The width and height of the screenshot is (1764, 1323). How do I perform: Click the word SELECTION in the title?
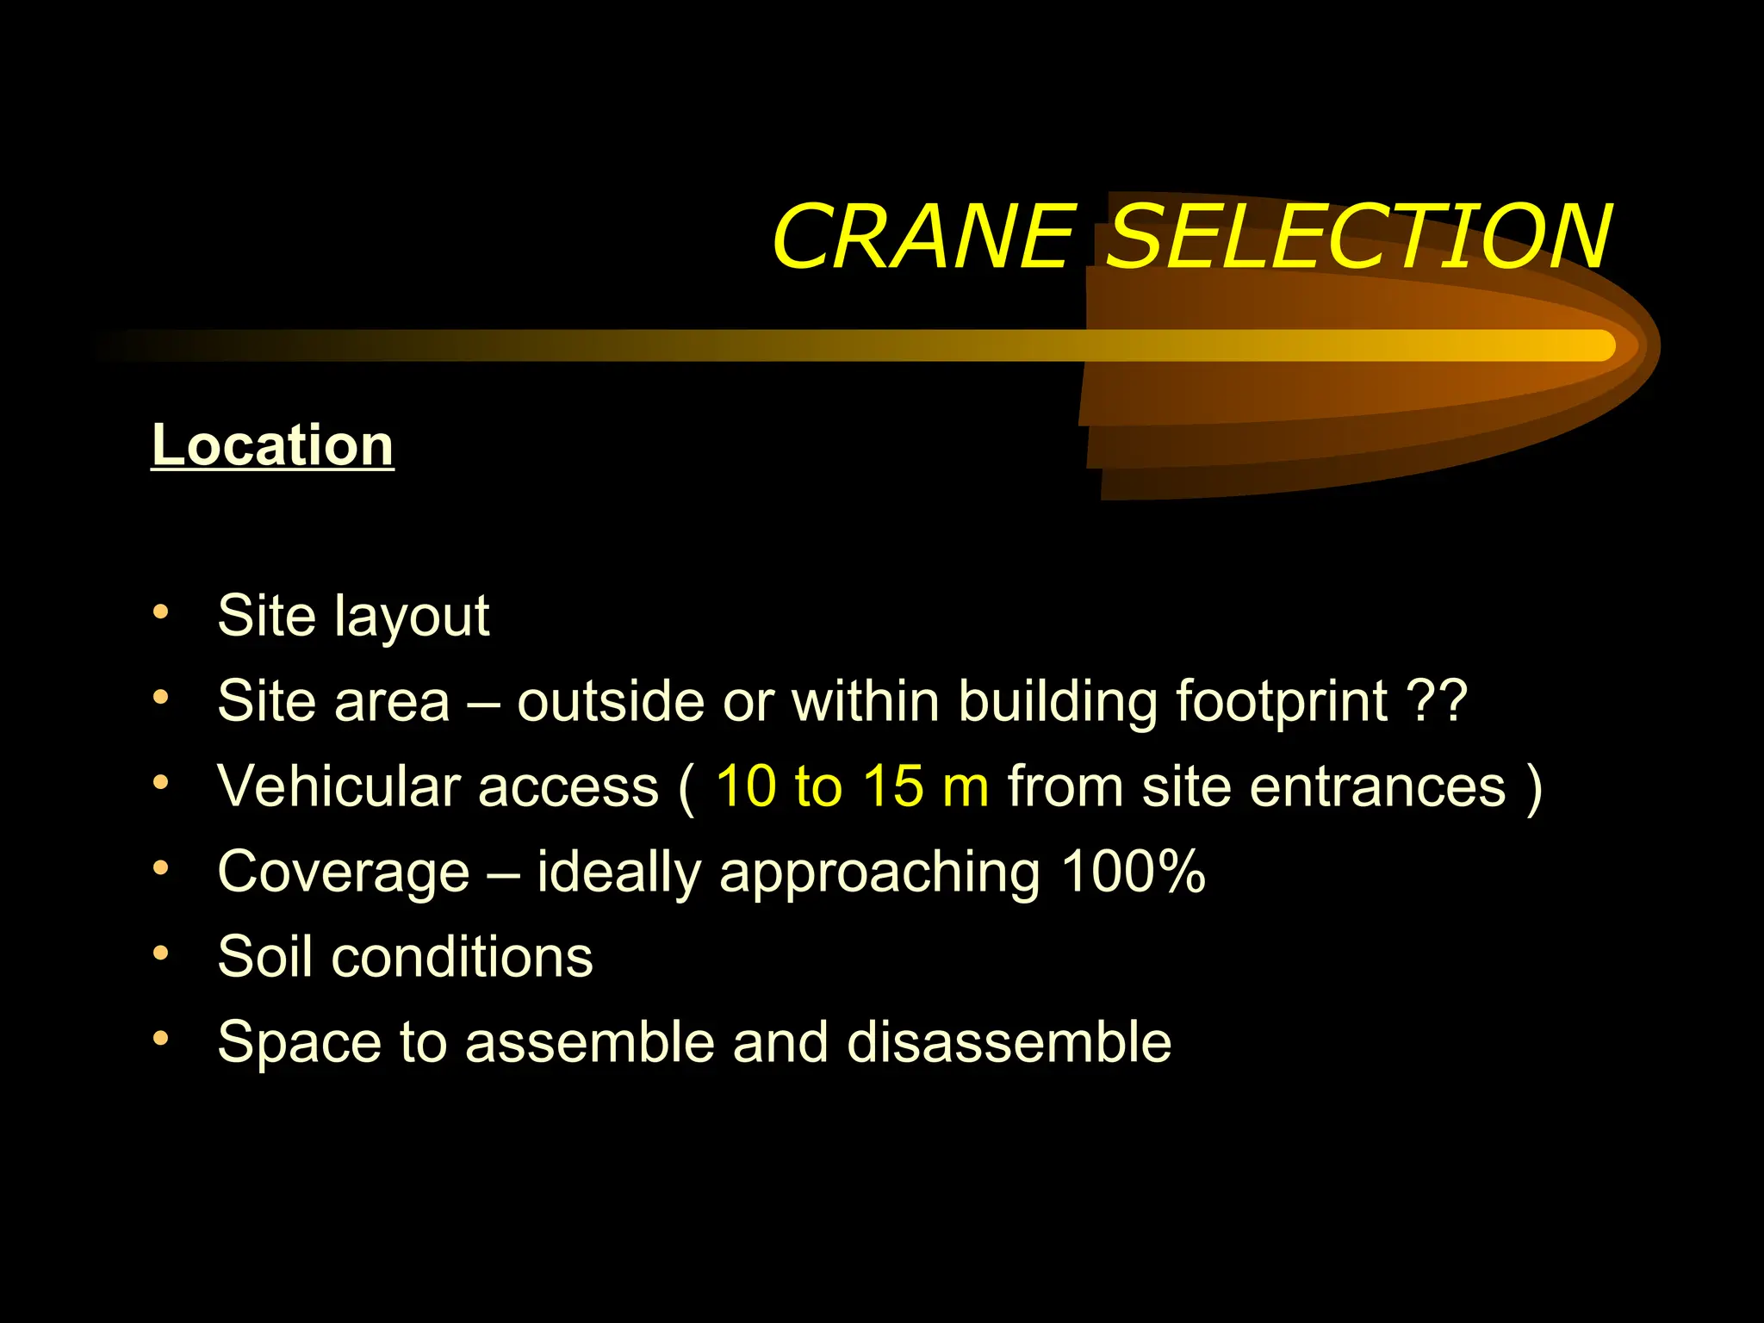click(1358, 237)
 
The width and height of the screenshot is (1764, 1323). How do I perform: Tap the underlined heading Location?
click(272, 445)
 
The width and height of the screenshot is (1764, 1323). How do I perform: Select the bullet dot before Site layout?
click(160, 612)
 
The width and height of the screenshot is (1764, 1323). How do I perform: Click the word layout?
click(413, 617)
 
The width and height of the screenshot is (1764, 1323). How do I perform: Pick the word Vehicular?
click(339, 786)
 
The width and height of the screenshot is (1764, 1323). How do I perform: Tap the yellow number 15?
click(893, 786)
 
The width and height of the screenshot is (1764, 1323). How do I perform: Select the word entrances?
click(1366, 786)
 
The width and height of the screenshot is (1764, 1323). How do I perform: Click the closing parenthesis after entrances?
click(1533, 788)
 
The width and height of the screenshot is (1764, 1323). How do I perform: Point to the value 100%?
click(1133, 872)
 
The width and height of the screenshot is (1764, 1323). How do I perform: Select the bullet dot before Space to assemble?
click(160, 1039)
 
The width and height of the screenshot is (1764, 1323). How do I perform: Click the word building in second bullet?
click(1058, 701)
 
